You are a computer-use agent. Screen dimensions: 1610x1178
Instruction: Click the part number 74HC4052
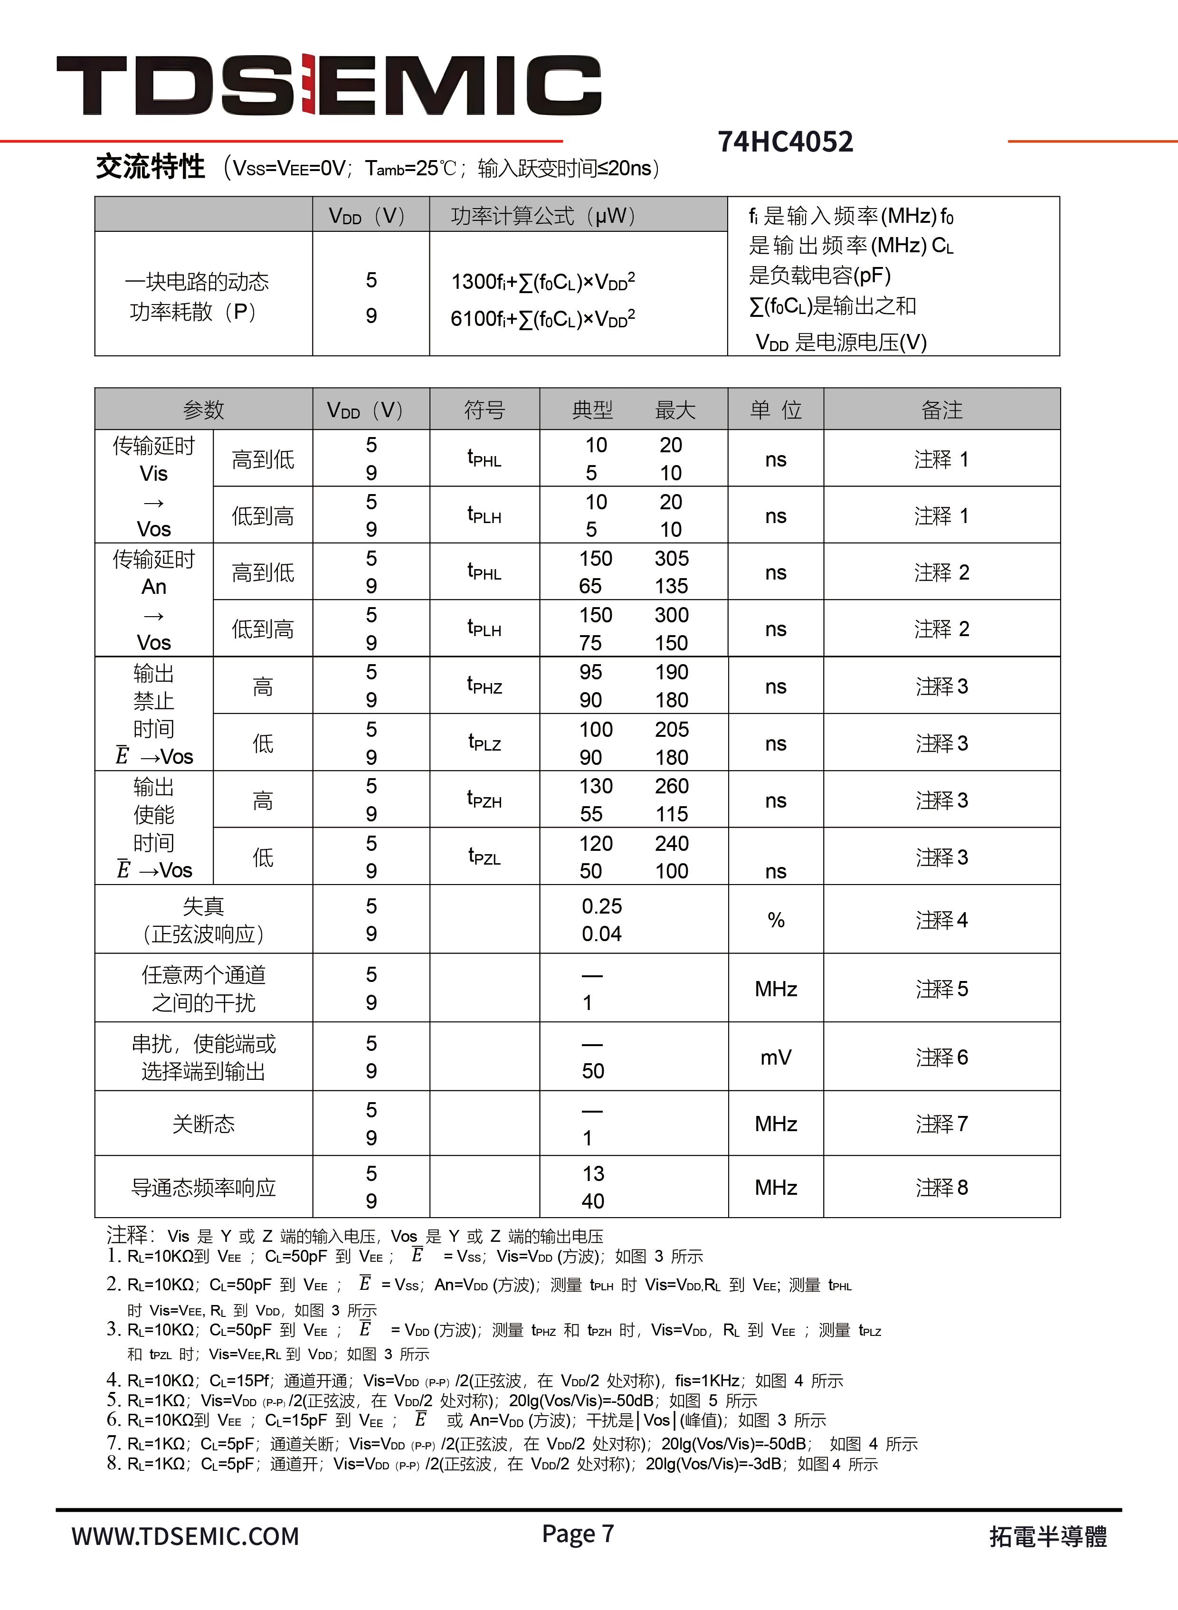785,142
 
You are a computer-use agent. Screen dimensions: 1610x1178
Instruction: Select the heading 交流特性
151,168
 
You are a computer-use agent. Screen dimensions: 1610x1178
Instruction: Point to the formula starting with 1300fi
542,282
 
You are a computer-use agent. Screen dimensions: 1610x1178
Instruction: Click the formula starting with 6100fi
542,318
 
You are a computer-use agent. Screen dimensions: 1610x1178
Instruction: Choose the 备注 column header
941,410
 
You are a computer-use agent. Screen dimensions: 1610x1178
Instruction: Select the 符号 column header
484,410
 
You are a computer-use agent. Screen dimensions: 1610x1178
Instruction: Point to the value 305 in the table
672,558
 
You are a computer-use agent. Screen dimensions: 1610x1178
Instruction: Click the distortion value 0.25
602,906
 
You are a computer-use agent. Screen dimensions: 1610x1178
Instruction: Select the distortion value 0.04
602,934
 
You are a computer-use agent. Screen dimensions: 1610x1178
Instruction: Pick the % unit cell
776,920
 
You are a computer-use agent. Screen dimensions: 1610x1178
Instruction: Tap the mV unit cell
776,1057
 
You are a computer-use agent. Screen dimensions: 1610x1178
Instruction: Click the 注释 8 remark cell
941,1187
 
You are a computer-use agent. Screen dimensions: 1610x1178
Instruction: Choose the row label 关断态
203,1124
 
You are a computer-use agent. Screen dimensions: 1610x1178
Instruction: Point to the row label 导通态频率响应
203,1188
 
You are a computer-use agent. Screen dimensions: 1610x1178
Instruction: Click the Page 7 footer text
578,1533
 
